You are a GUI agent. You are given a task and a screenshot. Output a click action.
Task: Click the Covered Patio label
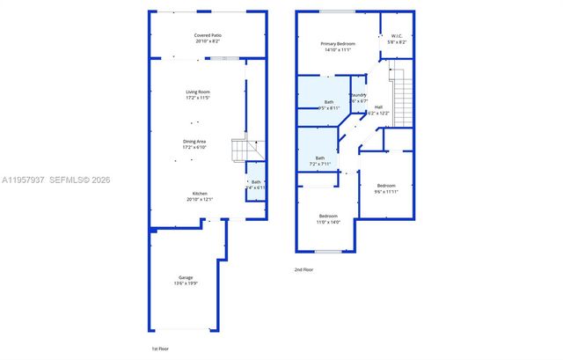208,35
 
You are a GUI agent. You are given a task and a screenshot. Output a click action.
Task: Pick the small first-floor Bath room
255,185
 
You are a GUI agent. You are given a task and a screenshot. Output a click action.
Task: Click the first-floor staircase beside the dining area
242,151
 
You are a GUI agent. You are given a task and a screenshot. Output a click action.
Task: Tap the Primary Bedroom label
338,43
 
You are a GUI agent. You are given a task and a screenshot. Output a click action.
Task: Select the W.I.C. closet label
398,36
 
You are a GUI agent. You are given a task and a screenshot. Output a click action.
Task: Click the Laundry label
358,95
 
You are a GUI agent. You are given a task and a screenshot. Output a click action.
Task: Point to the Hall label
378,107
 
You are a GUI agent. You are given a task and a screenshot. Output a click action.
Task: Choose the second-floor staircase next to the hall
403,97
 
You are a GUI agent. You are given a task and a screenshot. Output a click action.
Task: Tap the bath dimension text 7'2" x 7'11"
319,164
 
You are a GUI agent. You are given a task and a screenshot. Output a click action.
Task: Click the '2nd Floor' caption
303,269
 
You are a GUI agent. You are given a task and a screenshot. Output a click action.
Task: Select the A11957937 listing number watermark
24,180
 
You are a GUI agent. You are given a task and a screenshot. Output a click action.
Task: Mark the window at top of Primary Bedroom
338,11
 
